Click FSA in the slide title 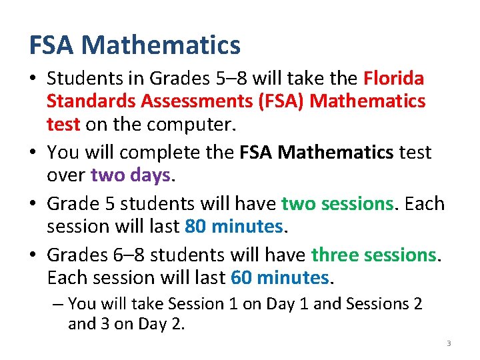click(52, 45)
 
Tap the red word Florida click(393, 79)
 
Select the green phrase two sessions click(337, 203)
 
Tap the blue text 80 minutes click(234, 227)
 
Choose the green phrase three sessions click(373, 255)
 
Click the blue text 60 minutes click(279, 277)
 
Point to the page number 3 click(449, 343)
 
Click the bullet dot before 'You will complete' click(35, 153)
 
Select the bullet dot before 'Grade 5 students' click(35, 203)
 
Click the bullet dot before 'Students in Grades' click(35, 79)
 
